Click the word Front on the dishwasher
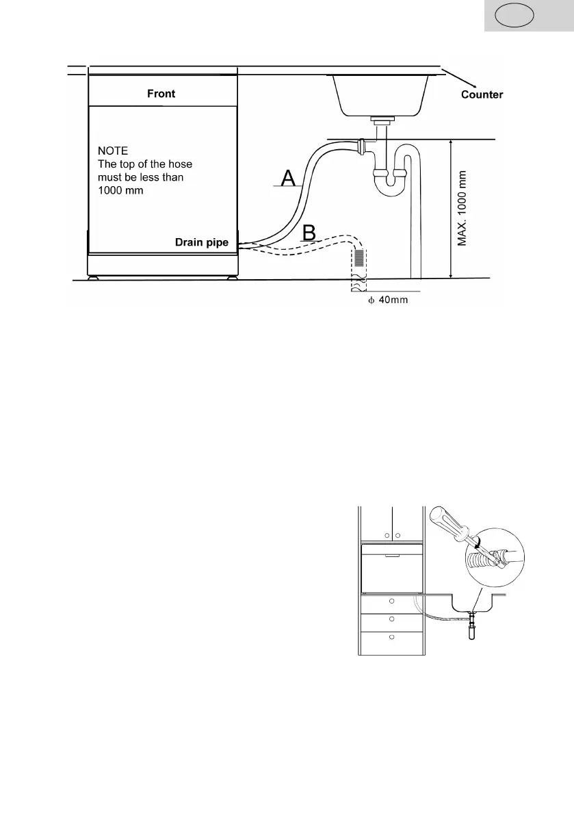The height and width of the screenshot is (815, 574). (x=161, y=94)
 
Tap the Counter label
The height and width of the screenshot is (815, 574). (x=482, y=94)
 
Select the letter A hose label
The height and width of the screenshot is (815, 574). (x=289, y=179)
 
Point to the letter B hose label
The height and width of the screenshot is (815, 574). (x=309, y=233)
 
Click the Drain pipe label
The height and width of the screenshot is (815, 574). (x=203, y=243)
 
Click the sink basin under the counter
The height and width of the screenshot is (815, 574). (x=380, y=94)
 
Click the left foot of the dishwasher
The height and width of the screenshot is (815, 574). (x=92, y=278)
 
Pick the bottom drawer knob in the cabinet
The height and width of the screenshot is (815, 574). (x=391, y=636)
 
